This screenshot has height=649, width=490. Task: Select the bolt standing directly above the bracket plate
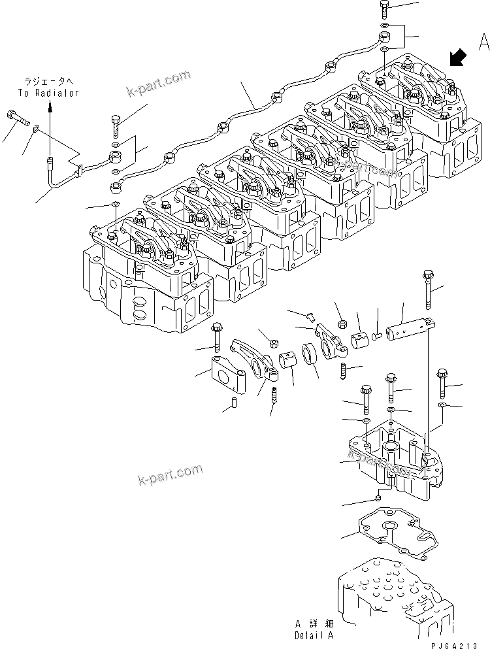click(216, 337)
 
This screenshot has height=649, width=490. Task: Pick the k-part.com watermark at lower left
click(170, 475)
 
